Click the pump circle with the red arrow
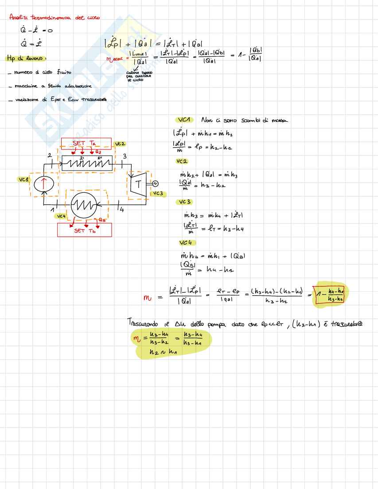tap(44, 183)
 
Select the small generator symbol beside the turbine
tap(155, 184)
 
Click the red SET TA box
tap(87, 143)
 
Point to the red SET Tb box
tap(85, 230)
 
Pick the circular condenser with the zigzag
tap(87, 204)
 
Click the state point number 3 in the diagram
tap(125, 156)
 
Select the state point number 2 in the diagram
tap(50, 154)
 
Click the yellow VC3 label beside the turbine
tap(158, 194)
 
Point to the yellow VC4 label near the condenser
tap(61, 216)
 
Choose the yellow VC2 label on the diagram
tap(120, 144)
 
